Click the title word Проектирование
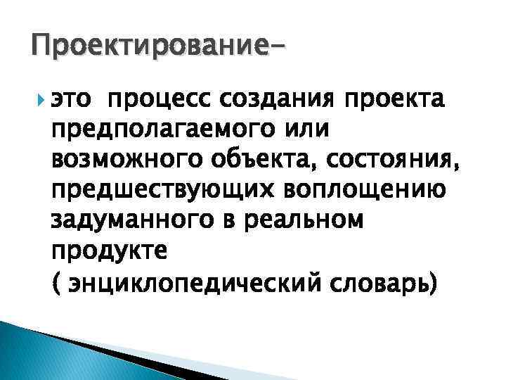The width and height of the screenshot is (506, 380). click(144, 47)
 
